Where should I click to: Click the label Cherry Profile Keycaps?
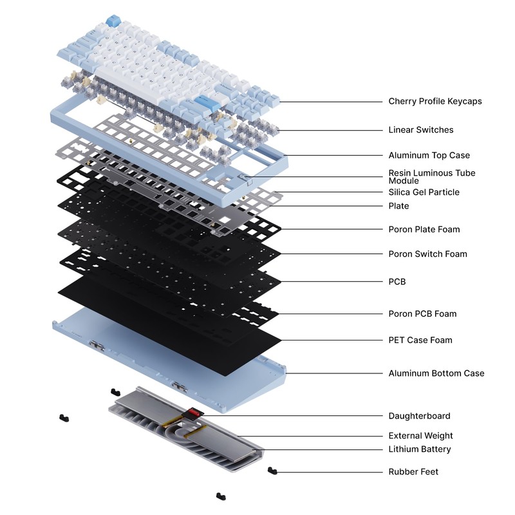(435, 101)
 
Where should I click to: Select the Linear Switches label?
(421, 130)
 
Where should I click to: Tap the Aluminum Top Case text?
(429, 155)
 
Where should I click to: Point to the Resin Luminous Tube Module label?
(431, 176)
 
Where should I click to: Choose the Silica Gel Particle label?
(424, 192)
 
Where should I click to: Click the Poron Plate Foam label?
(424, 229)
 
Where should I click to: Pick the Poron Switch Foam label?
(427, 254)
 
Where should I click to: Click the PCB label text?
(397, 282)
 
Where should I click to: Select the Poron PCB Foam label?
(422, 314)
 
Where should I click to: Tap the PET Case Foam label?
(420, 340)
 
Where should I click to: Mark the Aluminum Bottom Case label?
(436, 373)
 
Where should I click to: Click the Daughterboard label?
(420, 416)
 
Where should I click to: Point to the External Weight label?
(420, 436)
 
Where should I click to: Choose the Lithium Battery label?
(420, 449)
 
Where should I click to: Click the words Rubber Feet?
(413, 472)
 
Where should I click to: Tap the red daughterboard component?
(194, 413)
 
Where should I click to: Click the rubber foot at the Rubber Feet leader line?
(272, 471)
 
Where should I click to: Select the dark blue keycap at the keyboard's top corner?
(114, 21)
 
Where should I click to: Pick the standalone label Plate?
(398, 206)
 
